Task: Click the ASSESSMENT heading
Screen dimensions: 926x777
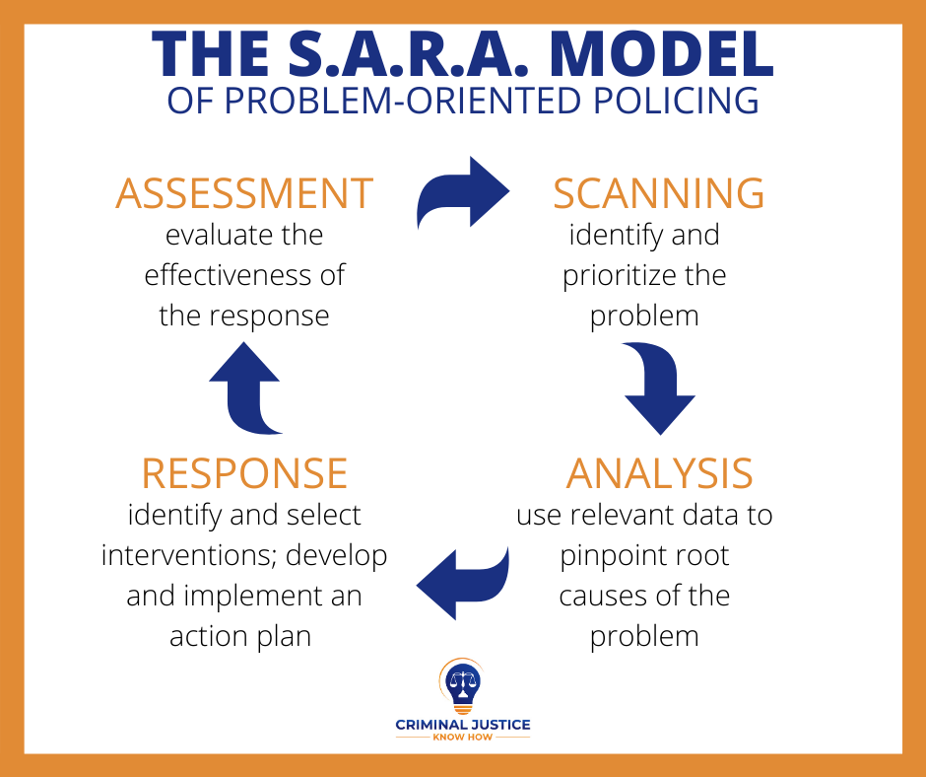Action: (244, 193)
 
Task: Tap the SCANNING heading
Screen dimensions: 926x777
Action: (658, 193)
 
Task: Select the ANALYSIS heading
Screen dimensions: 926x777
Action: (660, 473)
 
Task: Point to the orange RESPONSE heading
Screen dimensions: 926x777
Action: (244, 473)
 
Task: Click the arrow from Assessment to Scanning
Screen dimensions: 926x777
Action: (464, 191)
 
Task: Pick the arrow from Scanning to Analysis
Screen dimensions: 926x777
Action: (660, 388)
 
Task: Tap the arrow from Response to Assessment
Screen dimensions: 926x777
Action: (244, 388)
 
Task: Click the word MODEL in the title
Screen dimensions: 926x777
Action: (661, 54)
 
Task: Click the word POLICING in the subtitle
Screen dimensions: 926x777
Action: (676, 101)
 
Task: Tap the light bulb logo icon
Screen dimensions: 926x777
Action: (462, 686)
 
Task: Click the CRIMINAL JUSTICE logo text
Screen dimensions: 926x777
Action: (463, 725)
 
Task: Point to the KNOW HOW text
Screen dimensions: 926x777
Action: (463, 738)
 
